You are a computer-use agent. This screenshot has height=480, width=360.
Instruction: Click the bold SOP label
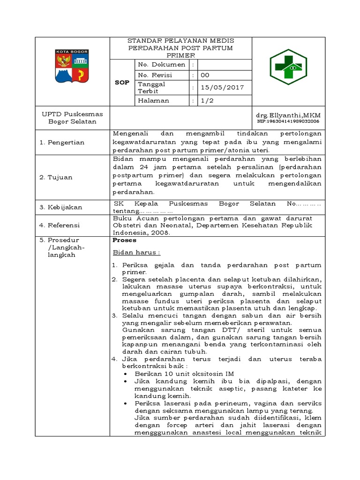coord(122,82)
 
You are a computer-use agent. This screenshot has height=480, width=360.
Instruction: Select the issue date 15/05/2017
coord(219,87)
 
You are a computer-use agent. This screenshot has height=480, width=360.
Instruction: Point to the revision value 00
coord(205,75)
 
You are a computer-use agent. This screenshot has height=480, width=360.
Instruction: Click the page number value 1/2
coord(207,100)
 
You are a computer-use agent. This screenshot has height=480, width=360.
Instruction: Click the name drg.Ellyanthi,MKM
coord(288,115)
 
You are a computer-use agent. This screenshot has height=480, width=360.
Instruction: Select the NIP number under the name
coord(287,121)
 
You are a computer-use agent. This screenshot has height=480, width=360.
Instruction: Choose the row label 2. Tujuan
coord(60,177)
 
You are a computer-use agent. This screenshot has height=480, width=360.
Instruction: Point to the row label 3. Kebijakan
coord(65,207)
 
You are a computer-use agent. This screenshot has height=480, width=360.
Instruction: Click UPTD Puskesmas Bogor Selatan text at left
coord(72,118)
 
